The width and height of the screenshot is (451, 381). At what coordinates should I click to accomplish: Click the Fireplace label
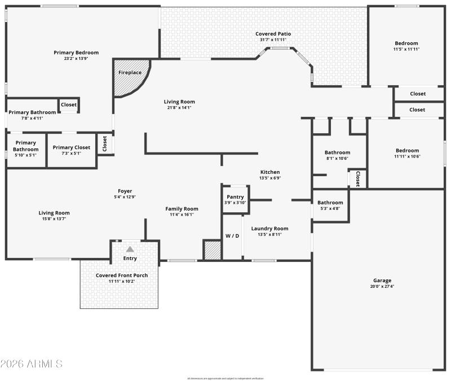pyautogui.click(x=130, y=73)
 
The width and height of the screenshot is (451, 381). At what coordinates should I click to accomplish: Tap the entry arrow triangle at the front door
pyautogui.click(x=130, y=249)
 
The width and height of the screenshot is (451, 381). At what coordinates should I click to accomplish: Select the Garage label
pyautogui.click(x=382, y=281)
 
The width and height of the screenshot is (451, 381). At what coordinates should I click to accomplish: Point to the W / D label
pyautogui.click(x=232, y=235)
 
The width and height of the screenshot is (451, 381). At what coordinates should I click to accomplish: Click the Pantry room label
pyautogui.click(x=235, y=197)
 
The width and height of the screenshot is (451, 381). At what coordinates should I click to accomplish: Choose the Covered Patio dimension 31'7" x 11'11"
pyautogui.click(x=273, y=40)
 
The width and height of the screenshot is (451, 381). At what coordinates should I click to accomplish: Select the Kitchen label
pyautogui.click(x=269, y=172)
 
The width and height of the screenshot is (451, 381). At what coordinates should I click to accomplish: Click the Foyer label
pyautogui.click(x=125, y=191)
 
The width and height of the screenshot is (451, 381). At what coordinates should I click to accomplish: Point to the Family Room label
pyautogui.click(x=182, y=209)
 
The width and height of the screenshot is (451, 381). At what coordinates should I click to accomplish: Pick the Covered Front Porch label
pyautogui.click(x=122, y=275)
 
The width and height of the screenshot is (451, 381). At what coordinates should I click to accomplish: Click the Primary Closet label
pyautogui.click(x=71, y=147)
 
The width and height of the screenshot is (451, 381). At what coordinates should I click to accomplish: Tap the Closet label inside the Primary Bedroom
pyautogui.click(x=69, y=104)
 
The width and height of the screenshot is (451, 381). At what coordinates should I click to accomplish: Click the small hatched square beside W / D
pyautogui.click(x=212, y=250)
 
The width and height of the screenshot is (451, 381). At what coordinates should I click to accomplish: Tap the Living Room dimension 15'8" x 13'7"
pyautogui.click(x=54, y=219)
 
